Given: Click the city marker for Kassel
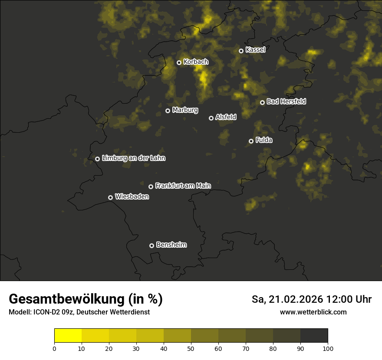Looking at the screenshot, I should pos(241,51).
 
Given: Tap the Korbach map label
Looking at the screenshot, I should pos(196,62).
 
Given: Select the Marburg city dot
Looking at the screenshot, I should pos(168,111).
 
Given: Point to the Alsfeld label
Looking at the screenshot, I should pos(226,117).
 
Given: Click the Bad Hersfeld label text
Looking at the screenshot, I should pos(286,101).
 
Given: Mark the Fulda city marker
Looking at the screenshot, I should pos(251,141).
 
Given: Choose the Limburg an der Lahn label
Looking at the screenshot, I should pos(133,158).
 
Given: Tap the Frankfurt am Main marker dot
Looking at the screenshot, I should pos(151,187).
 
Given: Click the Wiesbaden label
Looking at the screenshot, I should pos(132,197).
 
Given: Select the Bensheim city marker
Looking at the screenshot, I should pos(151,245).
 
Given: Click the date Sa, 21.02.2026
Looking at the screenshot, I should pos(287,299).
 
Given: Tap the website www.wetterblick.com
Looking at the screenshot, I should pos(313,312).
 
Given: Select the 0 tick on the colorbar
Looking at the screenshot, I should pos(54,348).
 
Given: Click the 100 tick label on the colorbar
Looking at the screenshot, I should pos(328,348).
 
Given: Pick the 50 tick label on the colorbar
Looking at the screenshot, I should pos(191,348).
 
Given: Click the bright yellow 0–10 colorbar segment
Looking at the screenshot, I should pos(68,336).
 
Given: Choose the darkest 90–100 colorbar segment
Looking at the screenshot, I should pos(314,336).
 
